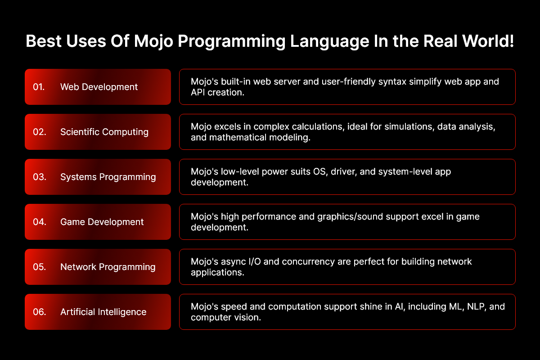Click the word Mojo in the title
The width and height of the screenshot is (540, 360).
click(153, 41)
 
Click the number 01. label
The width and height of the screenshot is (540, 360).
click(39, 87)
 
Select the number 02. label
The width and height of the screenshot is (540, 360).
click(40, 132)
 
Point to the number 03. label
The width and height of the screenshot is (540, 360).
click(40, 177)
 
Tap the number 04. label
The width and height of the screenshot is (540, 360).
click(40, 222)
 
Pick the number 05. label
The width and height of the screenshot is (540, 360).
click(40, 267)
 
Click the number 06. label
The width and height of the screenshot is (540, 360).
click(40, 312)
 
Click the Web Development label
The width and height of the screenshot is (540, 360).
click(99, 87)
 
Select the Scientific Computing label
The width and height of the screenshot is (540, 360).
click(104, 132)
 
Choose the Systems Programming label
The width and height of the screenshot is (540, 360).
click(108, 177)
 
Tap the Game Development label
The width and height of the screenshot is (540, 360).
click(102, 222)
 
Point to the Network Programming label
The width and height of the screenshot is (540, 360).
click(108, 267)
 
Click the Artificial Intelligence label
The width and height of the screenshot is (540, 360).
click(103, 312)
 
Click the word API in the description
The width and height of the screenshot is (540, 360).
click(198, 92)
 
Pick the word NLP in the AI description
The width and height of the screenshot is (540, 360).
click(477, 307)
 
